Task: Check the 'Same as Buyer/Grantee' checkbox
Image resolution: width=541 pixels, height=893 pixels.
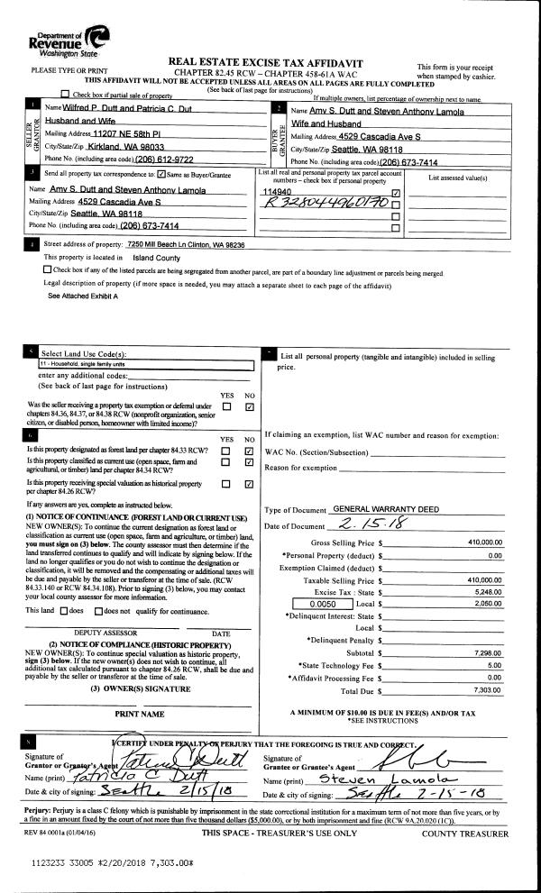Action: [161, 173]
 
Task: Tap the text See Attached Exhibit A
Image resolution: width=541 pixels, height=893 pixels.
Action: [83, 296]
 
